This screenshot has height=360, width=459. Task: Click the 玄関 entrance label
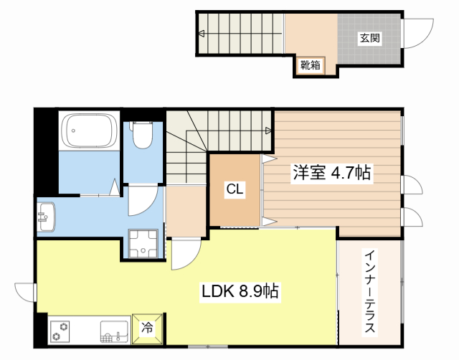[370, 37]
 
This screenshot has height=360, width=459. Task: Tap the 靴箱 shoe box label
[310, 66]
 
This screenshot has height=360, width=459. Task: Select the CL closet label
[234, 189]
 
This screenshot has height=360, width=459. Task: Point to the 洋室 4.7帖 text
[331, 173]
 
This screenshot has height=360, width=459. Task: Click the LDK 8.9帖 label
[240, 292]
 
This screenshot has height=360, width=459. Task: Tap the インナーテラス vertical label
[370, 293]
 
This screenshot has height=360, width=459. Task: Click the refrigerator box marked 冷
[147, 328]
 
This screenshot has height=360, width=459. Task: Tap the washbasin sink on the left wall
[47, 216]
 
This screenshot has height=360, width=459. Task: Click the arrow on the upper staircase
[203, 33]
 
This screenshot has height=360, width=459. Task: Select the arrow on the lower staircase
[268, 131]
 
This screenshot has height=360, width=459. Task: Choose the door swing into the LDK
[185, 254]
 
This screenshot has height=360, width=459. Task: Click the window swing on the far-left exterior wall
[25, 293]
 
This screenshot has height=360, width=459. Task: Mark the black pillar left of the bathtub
[44, 150]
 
